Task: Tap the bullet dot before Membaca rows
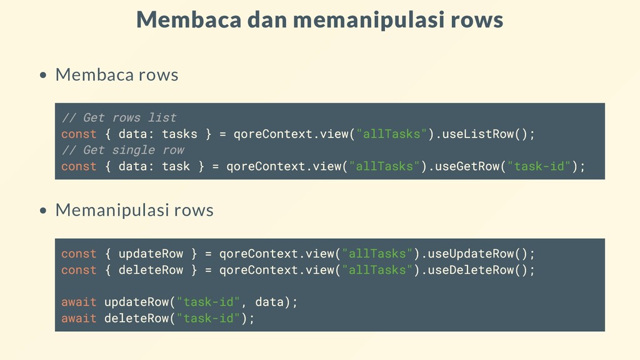[43, 76]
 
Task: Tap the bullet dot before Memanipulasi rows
[43, 211]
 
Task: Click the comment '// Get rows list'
[119, 117]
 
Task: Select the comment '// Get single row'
[122, 150]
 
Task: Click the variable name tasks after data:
[179, 134]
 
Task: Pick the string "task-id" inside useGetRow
[539, 166]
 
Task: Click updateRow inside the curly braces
[151, 254]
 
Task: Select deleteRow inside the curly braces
[151, 270]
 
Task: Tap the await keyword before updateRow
[79, 302]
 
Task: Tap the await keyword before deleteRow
[79, 319]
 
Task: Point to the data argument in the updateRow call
[269, 302]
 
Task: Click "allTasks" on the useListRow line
[392, 134]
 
